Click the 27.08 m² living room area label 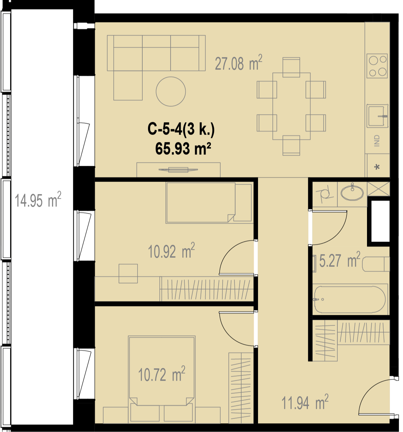pyautogui.click(x=239, y=63)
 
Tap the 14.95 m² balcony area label pyautogui.click(x=38, y=199)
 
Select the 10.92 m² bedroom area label pyautogui.click(x=171, y=250)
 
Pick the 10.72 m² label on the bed pyautogui.click(x=161, y=374)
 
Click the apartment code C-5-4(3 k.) pyautogui.click(x=181, y=129)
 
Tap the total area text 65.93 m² pyautogui.click(x=183, y=149)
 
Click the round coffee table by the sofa pyautogui.click(x=171, y=91)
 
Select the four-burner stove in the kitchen pyautogui.click(x=377, y=66)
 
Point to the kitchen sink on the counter pyautogui.click(x=377, y=116)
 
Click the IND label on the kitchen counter pyautogui.click(x=377, y=141)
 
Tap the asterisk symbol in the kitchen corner pyautogui.click(x=377, y=167)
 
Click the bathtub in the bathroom pyautogui.click(x=350, y=299)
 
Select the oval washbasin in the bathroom pyautogui.click(x=352, y=192)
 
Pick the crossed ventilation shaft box pyautogui.click(x=378, y=189)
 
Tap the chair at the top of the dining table pyautogui.click(x=291, y=67)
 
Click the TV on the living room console pyautogui.click(x=178, y=170)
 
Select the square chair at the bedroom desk pyautogui.click(x=128, y=274)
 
